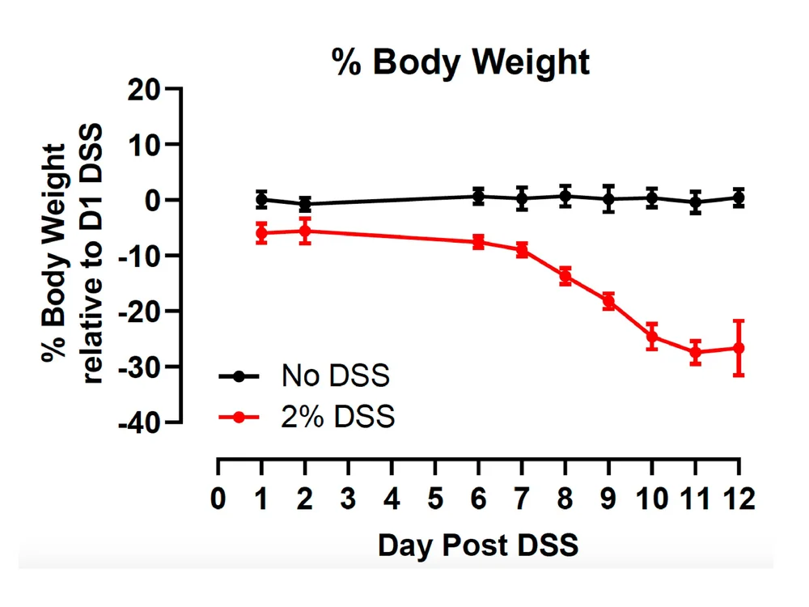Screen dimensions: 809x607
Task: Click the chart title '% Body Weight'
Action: pos(460,63)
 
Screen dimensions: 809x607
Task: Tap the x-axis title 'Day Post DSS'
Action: pos(478,545)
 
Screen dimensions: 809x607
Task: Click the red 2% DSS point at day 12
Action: pos(739,348)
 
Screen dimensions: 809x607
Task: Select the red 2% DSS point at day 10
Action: pos(652,337)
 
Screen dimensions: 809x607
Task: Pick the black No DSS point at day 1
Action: pos(261,199)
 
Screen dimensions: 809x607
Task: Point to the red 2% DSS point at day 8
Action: pos(565,276)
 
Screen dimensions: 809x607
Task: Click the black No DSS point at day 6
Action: pos(479,196)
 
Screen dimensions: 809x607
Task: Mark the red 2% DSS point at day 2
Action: pos(305,231)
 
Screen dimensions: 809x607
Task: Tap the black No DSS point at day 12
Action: pos(739,197)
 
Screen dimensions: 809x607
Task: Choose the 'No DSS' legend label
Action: pos(336,376)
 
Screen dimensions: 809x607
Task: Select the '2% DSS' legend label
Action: pos(338,417)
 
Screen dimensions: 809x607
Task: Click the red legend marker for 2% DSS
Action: pos(239,417)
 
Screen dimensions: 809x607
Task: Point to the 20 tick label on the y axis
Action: pos(143,91)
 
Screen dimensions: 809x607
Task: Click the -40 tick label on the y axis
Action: pos(139,423)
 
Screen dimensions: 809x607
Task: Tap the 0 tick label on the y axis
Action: pos(153,200)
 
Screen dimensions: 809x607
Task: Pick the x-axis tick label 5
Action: pos(435,499)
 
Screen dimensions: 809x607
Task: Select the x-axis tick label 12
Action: pos(739,499)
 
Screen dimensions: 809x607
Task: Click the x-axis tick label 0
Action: pos(218,499)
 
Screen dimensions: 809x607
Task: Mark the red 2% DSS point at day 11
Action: pos(696,353)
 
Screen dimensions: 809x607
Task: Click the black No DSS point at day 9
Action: pos(609,199)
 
